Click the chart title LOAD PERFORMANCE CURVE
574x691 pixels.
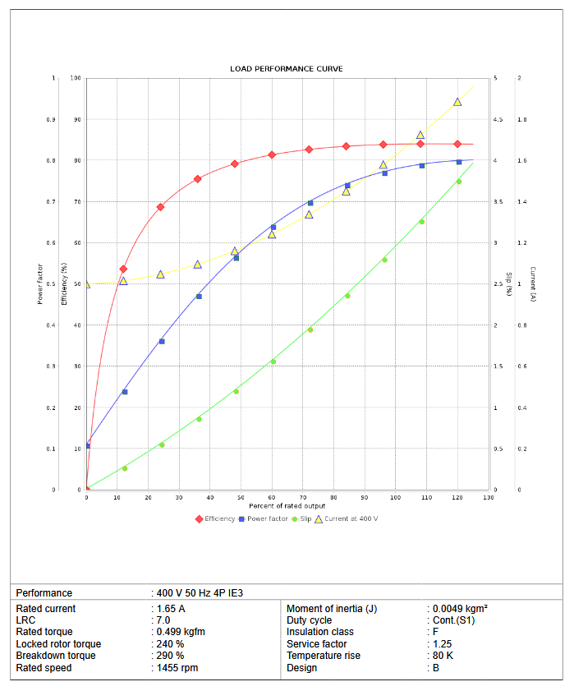287,68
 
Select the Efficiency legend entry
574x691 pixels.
214,518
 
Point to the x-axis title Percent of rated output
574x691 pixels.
287,505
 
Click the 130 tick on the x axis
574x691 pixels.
489,497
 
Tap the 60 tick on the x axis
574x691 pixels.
272,497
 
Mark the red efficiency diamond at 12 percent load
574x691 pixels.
123,269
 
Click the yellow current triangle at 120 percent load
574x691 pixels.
457,102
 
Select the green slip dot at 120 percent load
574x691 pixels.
458,182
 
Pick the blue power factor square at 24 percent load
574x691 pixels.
162,341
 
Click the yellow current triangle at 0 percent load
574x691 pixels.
87,284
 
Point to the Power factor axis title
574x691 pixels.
40,283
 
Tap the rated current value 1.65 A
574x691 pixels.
171,609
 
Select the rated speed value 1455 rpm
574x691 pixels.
177,668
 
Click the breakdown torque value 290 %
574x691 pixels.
171,656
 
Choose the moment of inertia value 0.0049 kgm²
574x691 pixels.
460,609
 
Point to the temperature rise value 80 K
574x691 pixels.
443,656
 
